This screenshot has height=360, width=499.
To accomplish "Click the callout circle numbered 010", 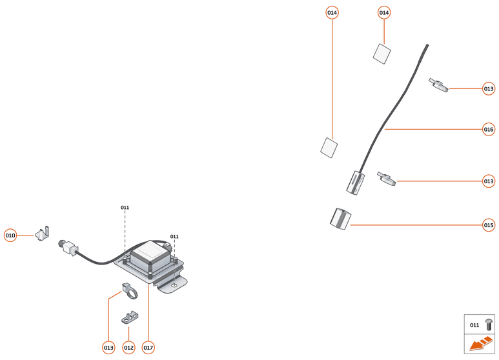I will pyautogui.click(x=10, y=235).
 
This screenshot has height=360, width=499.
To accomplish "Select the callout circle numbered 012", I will pyautogui.click(x=128, y=348).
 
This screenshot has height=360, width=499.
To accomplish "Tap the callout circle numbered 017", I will pyautogui.click(x=148, y=348).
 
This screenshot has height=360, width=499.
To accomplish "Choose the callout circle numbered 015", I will pyautogui.click(x=489, y=225).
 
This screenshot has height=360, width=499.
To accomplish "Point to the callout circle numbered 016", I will pyautogui.click(x=489, y=130).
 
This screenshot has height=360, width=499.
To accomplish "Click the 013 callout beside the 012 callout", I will pyautogui.click(x=108, y=348).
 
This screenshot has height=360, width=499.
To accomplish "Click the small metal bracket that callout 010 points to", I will pyautogui.click(x=43, y=234).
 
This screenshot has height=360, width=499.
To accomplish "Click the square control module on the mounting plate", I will pyautogui.click(x=152, y=255).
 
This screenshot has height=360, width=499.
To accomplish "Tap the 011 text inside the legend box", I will pyautogui.click(x=474, y=325).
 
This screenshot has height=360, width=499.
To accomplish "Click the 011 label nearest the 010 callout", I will pyautogui.click(x=125, y=208).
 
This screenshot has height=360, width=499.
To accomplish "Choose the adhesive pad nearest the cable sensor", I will pyautogui.click(x=329, y=147).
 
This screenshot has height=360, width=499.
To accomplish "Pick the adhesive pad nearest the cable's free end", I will pyautogui.click(x=382, y=54).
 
